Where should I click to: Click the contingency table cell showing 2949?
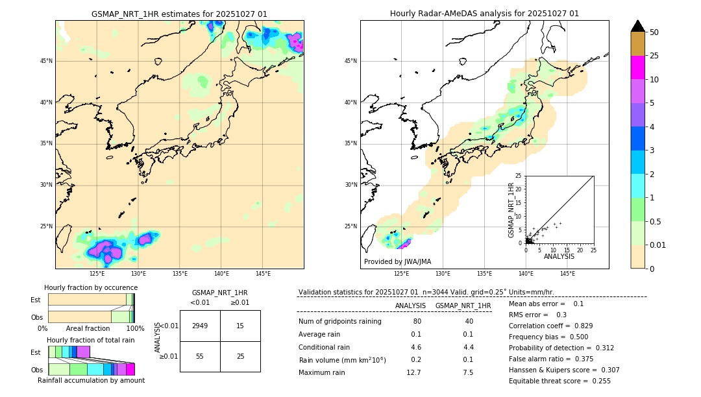coord(200,326)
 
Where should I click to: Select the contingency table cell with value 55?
coord(200,357)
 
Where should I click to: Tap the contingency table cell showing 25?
coord(240,357)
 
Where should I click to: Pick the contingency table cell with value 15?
coord(240,326)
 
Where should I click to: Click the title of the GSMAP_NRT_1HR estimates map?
coord(179,14)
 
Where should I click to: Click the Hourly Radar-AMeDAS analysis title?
coord(484,14)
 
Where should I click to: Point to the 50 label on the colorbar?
coord(654,32)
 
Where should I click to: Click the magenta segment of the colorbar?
coord(637,67)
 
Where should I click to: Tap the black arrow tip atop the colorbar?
coord(637,25)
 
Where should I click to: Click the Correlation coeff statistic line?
coord(550,326)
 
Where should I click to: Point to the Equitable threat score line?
coord(560,381)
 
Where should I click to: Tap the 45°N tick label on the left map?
coord(46,61)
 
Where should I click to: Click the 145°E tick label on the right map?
coord(567,274)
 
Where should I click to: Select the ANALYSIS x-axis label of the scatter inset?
coord(559,257)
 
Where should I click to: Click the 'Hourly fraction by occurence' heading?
coord(91,287)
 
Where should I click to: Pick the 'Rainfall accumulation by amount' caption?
coord(91,380)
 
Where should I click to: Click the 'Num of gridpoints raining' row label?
coord(340,322)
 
